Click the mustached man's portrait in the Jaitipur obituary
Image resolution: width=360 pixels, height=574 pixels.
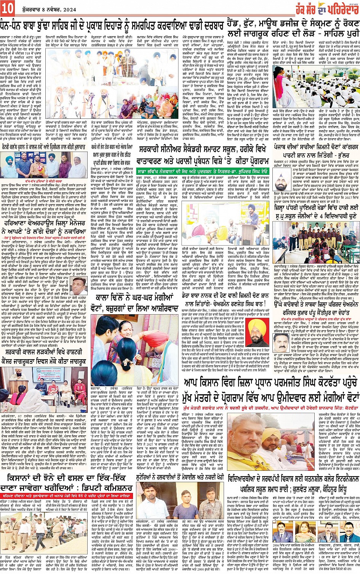(x=281, y=342)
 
